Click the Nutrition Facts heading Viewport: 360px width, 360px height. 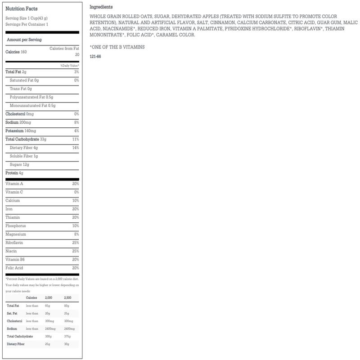tap(22, 9)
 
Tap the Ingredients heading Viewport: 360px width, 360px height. tap(101, 7)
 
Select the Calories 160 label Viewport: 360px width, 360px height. tap(16, 52)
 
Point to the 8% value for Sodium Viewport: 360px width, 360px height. tap(76, 122)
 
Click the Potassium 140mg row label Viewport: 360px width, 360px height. tap(21, 131)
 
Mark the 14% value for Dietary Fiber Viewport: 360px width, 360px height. tap(76, 148)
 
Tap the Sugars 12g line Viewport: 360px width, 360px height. tap(19, 165)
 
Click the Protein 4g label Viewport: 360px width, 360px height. tap(14, 173)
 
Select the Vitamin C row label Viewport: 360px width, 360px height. tap(14, 192)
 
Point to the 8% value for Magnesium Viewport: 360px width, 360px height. tap(76, 234)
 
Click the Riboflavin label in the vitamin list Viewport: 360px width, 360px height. tap(15, 243)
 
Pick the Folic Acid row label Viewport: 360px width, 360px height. tap(14, 268)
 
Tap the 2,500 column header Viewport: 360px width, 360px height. tap(67, 298)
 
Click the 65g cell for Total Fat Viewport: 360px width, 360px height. tap(47, 306)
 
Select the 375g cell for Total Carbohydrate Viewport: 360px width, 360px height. tap(67, 336)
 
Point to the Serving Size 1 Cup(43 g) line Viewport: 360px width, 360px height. tap(27, 18)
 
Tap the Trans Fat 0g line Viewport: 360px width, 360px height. tap(21, 89)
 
